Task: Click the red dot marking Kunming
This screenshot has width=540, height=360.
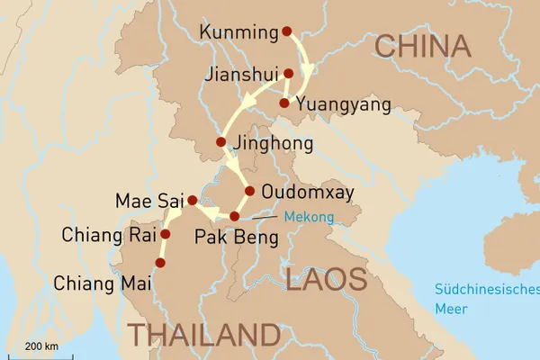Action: pos(287,31)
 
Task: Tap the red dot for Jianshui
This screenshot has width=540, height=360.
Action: pos(288,74)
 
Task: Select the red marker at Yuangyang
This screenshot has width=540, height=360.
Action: pos(284,103)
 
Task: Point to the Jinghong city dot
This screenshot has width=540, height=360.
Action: pos(220,142)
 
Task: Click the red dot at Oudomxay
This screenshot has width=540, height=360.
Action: pos(249,191)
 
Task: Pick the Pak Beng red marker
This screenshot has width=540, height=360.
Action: pos(234,216)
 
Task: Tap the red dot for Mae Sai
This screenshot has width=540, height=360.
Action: pos(192,200)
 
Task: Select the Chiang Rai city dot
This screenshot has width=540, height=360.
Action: pos(165,234)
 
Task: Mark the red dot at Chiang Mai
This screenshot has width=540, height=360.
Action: pos(160,263)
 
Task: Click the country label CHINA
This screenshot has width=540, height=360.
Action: pos(423,47)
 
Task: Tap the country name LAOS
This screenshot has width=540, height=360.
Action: pos(326,280)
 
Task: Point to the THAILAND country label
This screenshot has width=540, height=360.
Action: pos(202,335)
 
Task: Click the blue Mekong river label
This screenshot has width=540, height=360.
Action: pos(308,217)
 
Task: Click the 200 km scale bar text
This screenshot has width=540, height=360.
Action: pos(42,346)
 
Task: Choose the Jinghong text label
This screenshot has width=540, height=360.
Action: pos(273,144)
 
